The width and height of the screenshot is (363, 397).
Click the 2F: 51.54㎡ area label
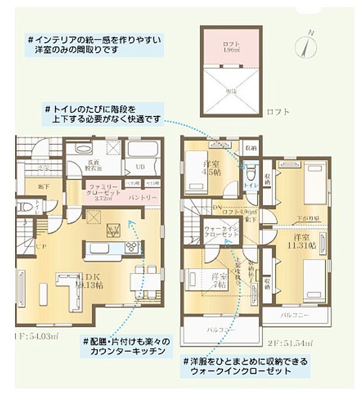pyautogui.click(x=300, y=340)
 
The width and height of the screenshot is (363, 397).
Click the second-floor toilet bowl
pyautogui.click(x=251, y=172)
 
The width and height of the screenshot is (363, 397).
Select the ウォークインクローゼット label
pyautogui.click(x=221, y=231)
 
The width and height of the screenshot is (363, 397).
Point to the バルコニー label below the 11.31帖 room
pyautogui.click(x=293, y=315)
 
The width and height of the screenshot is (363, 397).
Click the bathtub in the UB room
pyautogui.click(x=141, y=150)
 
